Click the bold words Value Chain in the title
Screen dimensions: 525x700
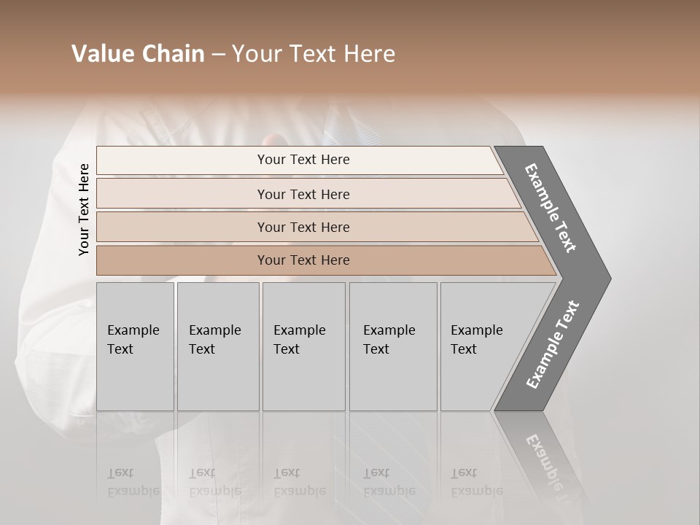coord(138,54)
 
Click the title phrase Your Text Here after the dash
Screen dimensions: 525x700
coord(314,54)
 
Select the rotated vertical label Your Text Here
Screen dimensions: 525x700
coord(84,209)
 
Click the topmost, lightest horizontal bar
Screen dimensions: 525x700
coord(182,160)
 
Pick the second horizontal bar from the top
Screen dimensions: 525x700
coord(182,194)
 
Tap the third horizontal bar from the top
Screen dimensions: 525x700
coord(182,227)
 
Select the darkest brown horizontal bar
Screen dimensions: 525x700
coord(182,260)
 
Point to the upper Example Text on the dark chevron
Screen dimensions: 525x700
coord(551,208)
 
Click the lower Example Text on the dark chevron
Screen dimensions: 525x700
coord(553,345)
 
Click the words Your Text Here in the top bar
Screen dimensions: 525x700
coord(303,160)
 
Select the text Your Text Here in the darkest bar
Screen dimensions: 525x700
coord(303,260)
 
